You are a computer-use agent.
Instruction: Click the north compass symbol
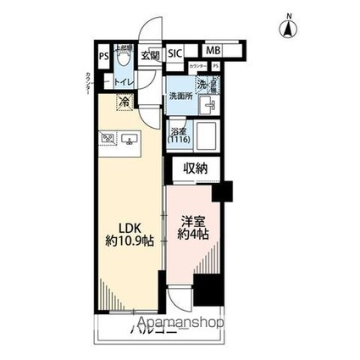(288, 28)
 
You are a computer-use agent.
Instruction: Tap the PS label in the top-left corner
(103, 57)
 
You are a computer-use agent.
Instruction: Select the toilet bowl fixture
(124, 59)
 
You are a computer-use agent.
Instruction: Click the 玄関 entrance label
(149, 55)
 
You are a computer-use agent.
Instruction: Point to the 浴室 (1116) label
(178, 136)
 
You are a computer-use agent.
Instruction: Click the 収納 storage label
(195, 169)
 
